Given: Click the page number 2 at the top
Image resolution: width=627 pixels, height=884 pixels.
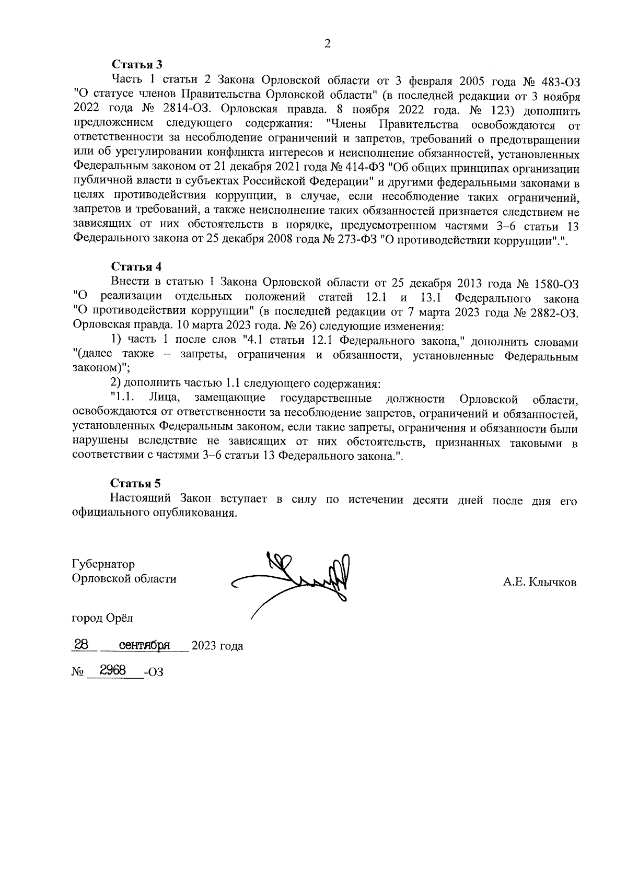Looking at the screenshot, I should (x=328, y=44).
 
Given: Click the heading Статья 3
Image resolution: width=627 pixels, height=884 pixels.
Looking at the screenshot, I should (x=137, y=65).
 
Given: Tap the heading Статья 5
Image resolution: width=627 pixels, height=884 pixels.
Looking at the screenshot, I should (x=137, y=483).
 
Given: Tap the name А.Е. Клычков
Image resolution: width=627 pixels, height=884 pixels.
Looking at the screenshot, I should (x=540, y=582).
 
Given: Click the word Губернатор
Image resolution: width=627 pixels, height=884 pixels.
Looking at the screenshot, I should (x=103, y=564).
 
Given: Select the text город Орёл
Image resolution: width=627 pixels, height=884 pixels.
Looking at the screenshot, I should (x=102, y=618).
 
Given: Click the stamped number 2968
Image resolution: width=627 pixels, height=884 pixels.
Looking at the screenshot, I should (x=113, y=670).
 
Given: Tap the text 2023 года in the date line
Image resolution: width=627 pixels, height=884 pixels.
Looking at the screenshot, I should (x=217, y=646).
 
